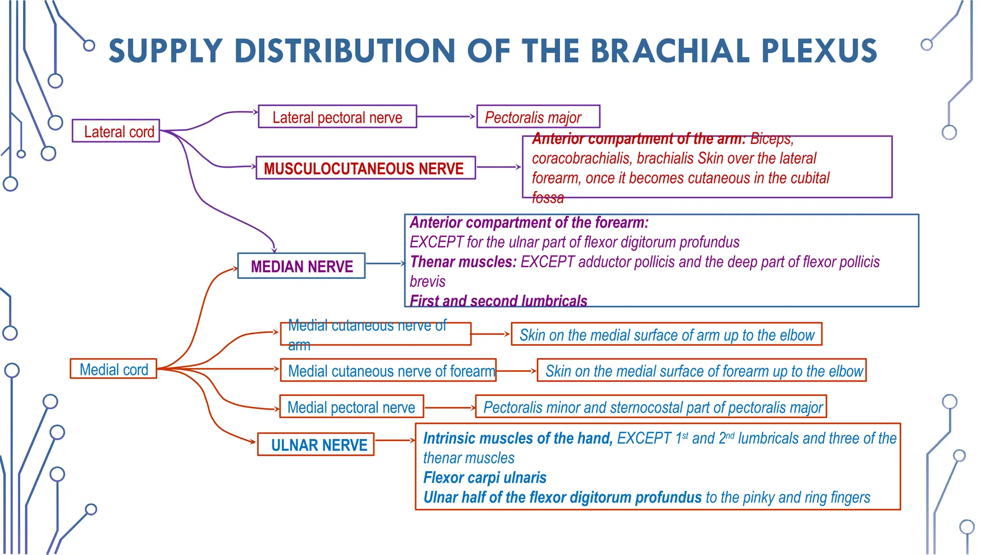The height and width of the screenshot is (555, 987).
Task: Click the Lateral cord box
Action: click(x=116, y=131)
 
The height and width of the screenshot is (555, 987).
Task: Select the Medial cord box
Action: click(x=113, y=369)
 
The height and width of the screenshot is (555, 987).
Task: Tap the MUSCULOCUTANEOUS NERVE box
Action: click(x=365, y=168)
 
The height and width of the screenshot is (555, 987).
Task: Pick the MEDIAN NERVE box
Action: click(x=301, y=266)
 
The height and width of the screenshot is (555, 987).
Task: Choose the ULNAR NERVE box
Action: click(x=316, y=444)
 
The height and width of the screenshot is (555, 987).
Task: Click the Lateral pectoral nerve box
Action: click(x=337, y=117)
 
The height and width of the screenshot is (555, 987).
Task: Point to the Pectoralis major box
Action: click(x=538, y=117)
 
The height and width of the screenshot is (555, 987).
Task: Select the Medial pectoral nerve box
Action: click(x=352, y=407)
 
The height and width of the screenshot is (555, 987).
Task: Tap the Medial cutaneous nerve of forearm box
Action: click(x=388, y=370)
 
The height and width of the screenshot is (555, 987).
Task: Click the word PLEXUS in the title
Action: click(x=819, y=51)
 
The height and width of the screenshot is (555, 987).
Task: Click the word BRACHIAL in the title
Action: click(x=670, y=51)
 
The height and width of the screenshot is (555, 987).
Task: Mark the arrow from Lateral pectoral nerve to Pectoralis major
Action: click(x=446, y=117)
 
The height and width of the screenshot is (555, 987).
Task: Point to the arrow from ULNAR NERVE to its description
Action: click(x=394, y=440)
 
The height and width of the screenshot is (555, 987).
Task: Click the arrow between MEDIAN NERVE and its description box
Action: click(x=385, y=264)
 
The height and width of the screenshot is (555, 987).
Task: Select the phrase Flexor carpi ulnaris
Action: click(x=484, y=477)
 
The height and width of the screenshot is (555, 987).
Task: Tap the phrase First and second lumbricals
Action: click(x=498, y=301)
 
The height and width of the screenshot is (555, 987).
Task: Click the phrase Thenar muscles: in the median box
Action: click(x=463, y=262)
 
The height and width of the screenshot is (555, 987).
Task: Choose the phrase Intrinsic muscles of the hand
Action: click(x=517, y=438)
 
